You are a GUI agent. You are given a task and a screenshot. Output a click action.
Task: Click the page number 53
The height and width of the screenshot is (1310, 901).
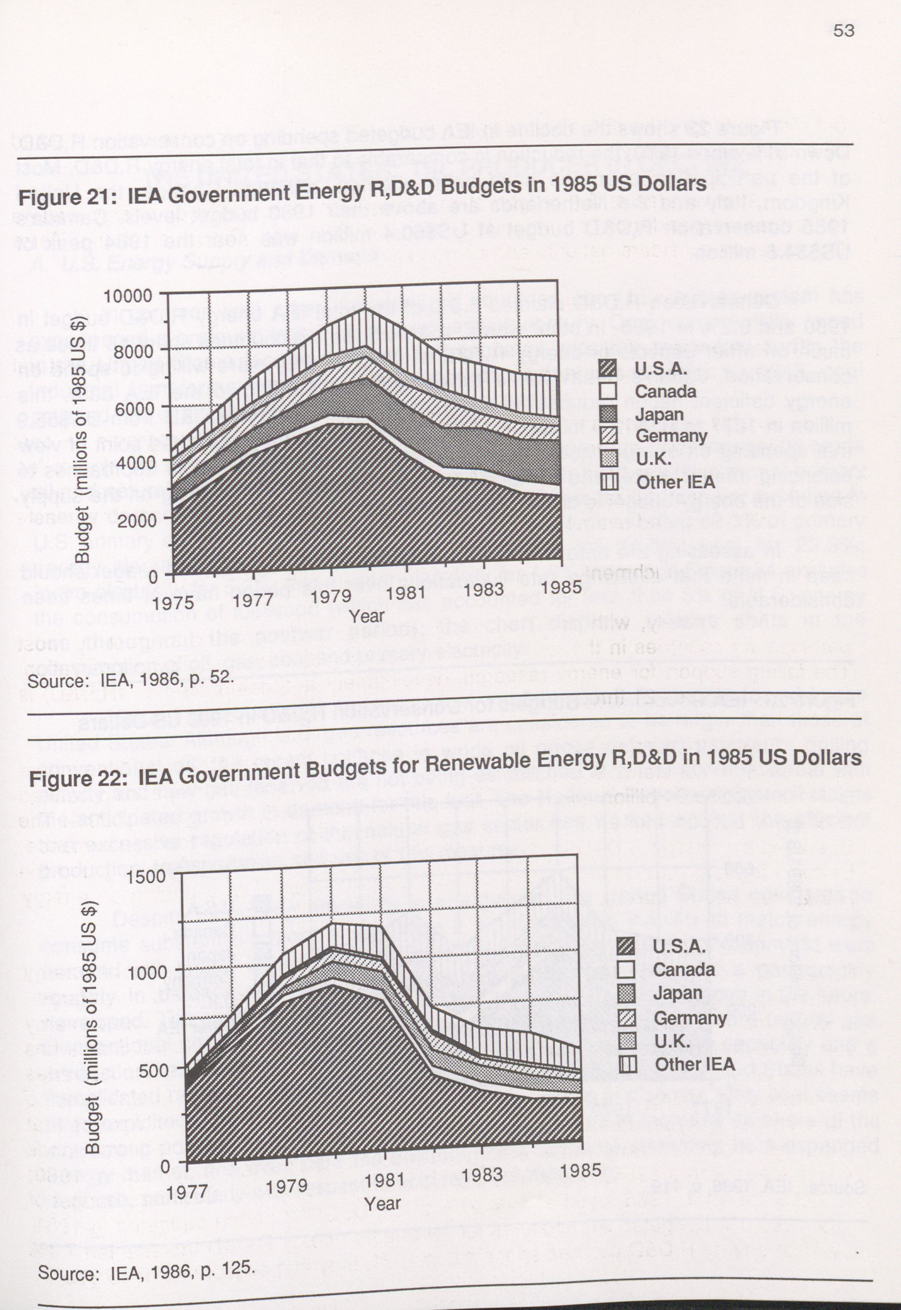(x=844, y=30)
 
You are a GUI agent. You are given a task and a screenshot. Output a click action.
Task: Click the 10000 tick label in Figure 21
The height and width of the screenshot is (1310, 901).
(x=127, y=296)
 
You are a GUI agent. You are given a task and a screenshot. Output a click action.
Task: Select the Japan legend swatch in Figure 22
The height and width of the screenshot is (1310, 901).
(x=627, y=994)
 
